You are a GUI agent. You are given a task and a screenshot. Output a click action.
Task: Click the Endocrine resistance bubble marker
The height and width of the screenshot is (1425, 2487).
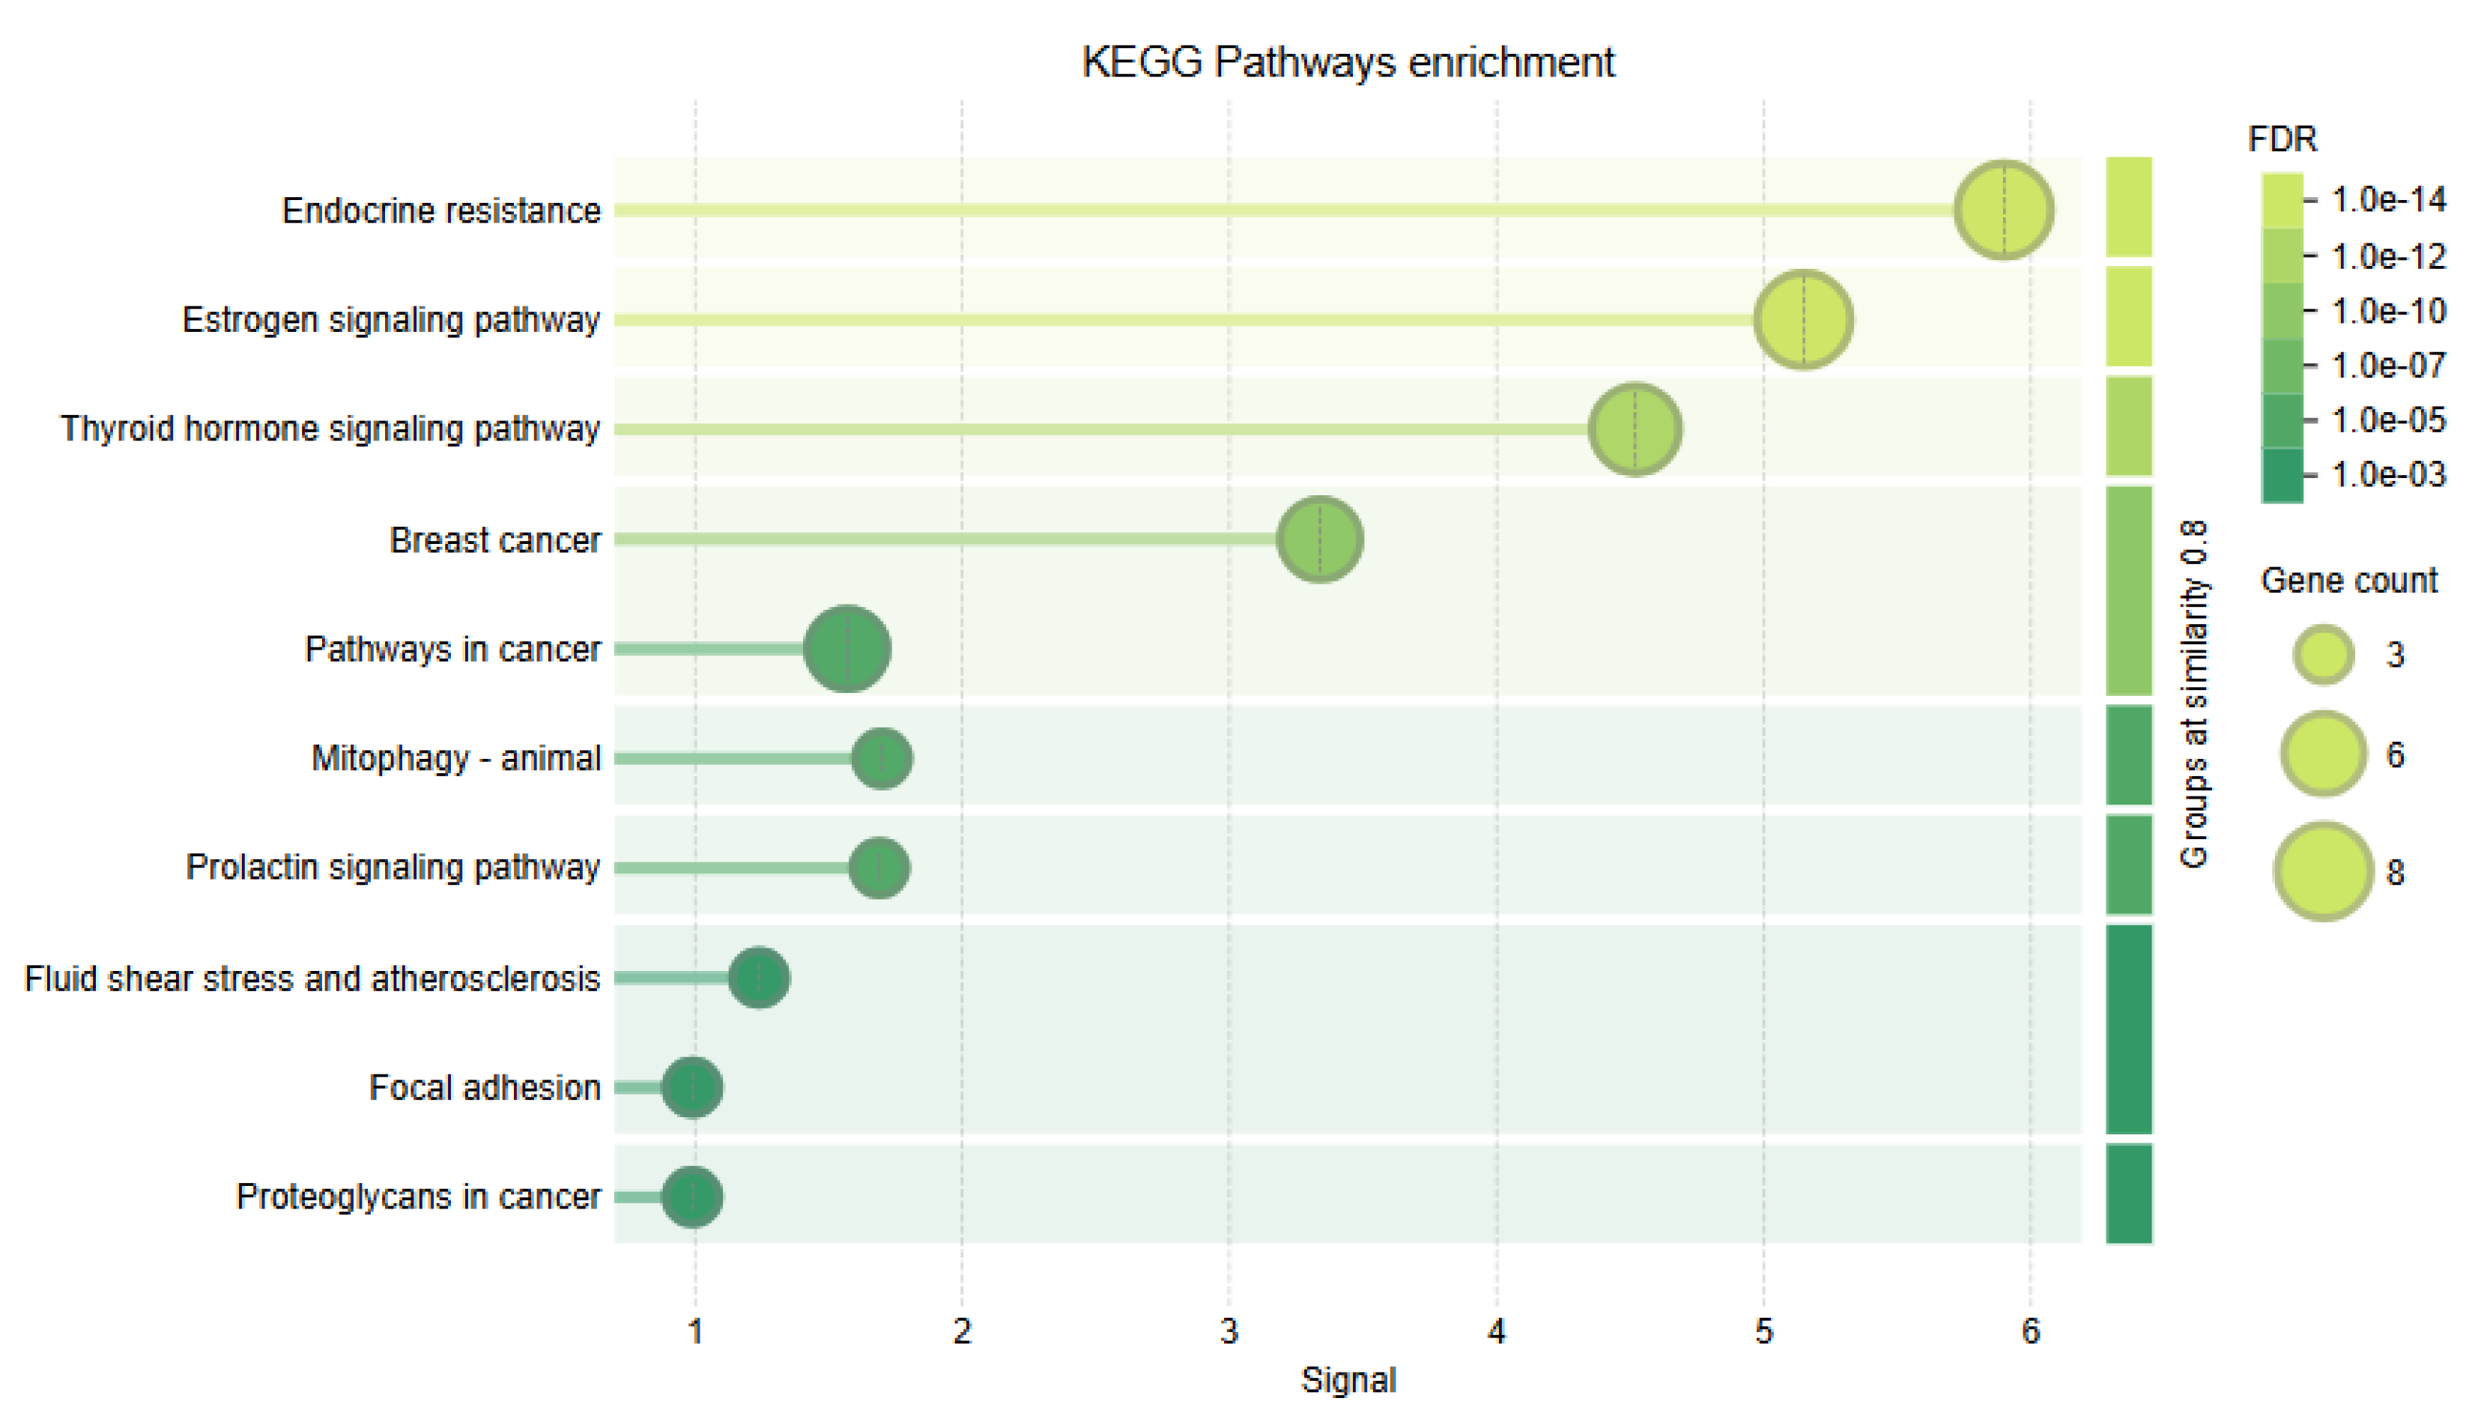[2003, 211]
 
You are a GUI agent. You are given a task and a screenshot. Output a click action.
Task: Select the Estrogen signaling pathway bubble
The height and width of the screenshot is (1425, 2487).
[1802, 320]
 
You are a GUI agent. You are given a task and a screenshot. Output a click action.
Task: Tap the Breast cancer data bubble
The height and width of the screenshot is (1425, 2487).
[1319, 539]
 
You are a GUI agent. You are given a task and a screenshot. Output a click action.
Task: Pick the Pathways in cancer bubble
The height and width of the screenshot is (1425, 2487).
[846, 649]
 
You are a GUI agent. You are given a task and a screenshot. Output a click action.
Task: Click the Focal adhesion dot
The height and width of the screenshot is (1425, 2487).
[691, 1087]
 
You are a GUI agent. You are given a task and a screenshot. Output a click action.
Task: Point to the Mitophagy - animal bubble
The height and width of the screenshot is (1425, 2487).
[882, 758]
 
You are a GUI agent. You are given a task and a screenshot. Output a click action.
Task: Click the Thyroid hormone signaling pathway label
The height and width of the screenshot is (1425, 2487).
[330, 429]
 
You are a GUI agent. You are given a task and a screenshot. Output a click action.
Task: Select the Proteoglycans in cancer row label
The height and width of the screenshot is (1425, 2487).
[418, 1197]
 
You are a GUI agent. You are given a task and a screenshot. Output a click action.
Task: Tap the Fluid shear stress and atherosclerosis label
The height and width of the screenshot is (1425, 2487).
[312, 978]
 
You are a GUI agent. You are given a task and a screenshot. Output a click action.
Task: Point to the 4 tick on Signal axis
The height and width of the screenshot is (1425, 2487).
[1496, 1332]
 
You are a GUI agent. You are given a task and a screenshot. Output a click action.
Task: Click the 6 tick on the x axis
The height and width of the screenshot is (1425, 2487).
[2030, 1332]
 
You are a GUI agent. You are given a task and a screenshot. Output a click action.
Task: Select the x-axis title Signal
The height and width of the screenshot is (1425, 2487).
[1347, 1381]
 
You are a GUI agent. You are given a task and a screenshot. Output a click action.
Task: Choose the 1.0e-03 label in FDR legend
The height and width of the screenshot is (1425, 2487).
[2387, 475]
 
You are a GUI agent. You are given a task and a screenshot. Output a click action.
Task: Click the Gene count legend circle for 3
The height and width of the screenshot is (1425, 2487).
[2323, 655]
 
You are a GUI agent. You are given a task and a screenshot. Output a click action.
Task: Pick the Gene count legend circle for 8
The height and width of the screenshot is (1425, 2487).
[2323, 871]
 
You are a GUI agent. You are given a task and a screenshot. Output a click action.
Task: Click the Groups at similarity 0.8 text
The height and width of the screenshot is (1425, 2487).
[2193, 694]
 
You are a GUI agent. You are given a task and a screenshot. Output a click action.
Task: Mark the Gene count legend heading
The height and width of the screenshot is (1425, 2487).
[2348, 581]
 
